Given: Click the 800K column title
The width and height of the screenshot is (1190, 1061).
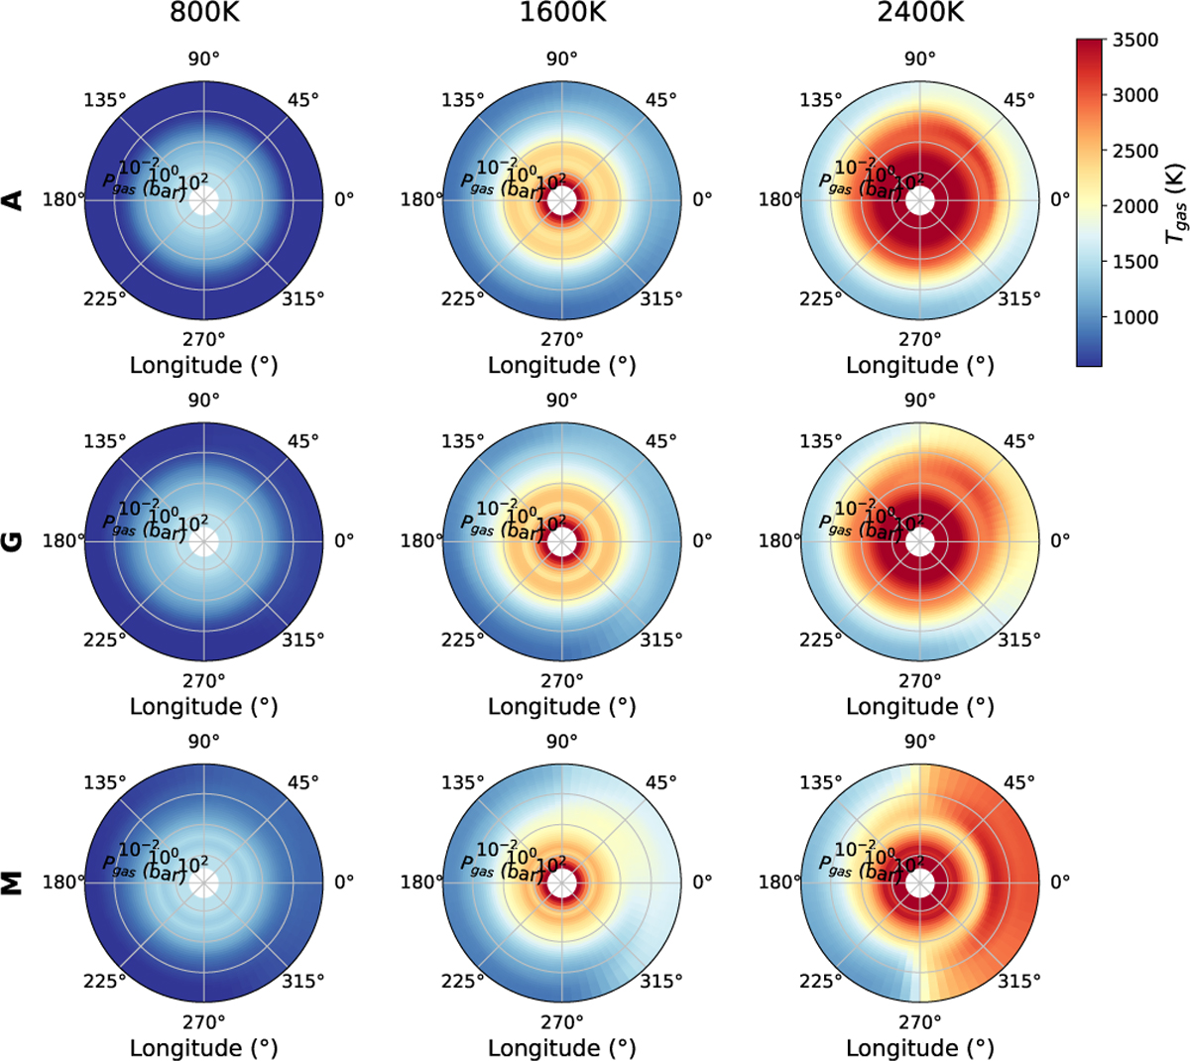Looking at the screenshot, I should [x=203, y=14].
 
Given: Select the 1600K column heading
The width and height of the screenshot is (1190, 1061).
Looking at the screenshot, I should [x=561, y=14].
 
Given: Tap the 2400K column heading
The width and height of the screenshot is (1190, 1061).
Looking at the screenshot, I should [x=920, y=14].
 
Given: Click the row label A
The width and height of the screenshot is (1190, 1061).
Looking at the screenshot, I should [x=14, y=199].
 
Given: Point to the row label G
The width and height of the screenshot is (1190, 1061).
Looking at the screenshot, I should [x=14, y=541].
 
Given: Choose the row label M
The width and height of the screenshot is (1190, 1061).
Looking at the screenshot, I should [x=14, y=883].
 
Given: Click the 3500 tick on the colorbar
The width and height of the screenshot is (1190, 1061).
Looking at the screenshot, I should [x=1136, y=40].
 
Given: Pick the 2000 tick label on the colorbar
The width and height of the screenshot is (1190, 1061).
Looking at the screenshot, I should [x=1136, y=206].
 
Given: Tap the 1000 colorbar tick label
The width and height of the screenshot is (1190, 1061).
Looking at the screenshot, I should [x=1136, y=317].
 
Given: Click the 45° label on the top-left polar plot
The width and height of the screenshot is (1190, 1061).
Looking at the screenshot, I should [x=303, y=99].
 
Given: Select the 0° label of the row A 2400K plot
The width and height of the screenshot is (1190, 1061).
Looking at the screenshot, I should [x=1060, y=199].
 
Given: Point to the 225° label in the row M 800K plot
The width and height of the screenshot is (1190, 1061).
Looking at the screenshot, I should [x=104, y=981].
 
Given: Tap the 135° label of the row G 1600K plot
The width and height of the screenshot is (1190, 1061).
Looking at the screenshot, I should [x=462, y=441].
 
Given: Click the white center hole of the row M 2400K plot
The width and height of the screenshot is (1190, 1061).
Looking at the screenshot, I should [x=920, y=883].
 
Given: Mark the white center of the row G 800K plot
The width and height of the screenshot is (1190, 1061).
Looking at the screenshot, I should [x=203, y=541].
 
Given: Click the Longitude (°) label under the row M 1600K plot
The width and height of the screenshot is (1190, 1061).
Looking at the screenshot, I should [x=561, y=1047].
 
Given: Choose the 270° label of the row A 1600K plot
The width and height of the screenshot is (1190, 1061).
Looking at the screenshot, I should [x=561, y=339].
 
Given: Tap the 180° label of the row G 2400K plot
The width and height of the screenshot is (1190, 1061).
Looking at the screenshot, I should [x=780, y=541].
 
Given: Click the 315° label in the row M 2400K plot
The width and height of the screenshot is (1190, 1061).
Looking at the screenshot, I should [x=1019, y=981].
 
